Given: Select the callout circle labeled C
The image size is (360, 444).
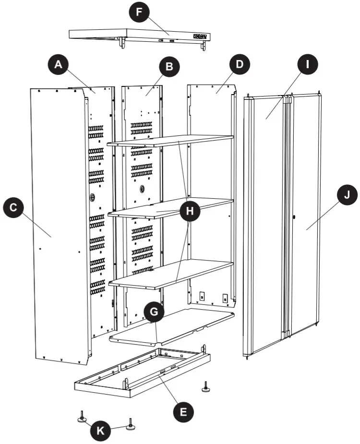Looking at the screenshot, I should (x=13, y=207).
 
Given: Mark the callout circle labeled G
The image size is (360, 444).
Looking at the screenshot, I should (x=153, y=312).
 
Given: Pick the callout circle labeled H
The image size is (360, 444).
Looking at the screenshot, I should (x=190, y=211).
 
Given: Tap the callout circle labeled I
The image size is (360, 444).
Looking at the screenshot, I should (x=305, y=64).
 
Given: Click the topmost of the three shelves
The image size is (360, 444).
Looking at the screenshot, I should (x=170, y=141).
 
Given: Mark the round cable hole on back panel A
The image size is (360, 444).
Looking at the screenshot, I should (x=92, y=197).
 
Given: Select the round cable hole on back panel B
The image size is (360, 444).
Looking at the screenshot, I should (x=142, y=189).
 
